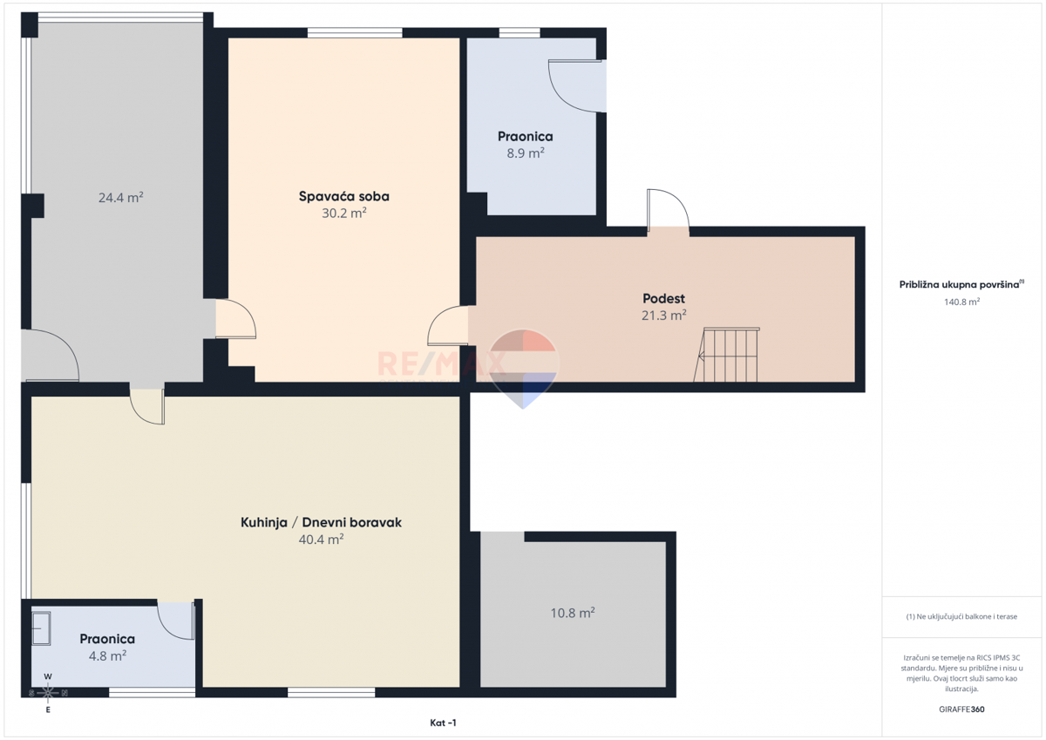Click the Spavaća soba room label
tap(343, 197)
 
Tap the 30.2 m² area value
tap(343, 214)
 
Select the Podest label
tap(663, 298)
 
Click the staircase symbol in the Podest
tap(727, 355)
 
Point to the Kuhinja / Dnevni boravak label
tap(321, 522)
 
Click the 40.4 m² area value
tap(321, 540)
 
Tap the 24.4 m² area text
tap(120, 198)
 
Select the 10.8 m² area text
tap(573, 613)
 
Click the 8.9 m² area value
tap(526, 153)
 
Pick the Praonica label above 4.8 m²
tap(107, 639)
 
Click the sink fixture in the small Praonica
tap(41, 628)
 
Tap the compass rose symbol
tap(48, 693)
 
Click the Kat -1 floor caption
tap(443, 723)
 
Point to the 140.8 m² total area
tap(961, 302)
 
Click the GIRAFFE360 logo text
tap(961, 709)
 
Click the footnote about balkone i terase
tap(961, 617)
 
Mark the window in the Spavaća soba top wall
tap(355, 32)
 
